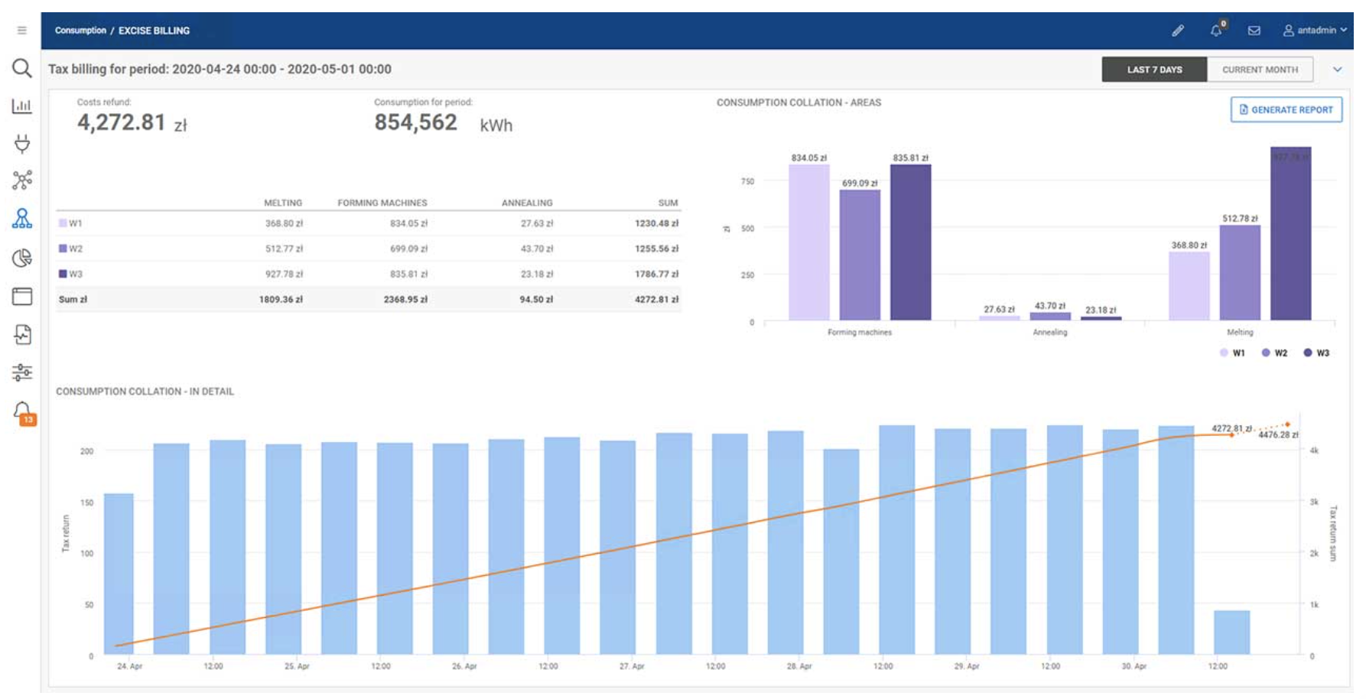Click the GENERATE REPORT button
pyautogui.click(x=1286, y=109)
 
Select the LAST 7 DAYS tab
pyautogui.click(x=1153, y=70)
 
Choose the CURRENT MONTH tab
pyautogui.click(x=1259, y=70)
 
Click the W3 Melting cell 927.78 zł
pyautogui.click(x=284, y=274)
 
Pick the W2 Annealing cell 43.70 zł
pyautogui.click(x=536, y=249)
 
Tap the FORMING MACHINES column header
pyautogui.click(x=382, y=203)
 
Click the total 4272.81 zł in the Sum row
pyautogui.click(x=655, y=299)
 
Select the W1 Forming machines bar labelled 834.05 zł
pyautogui.click(x=808, y=245)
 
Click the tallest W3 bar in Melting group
pyautogui.click(x=1290, y=237)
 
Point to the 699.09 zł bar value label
pyautogui.click(x=860, y=183)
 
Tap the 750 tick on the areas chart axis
pyautogui.click(x=747, y=181)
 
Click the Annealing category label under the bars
pyautogui.click(x=1049, y=332)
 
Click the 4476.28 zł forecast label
pyautogui.click(x=1278, y=434)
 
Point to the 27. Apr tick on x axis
pyautogui.click(x=632, y=666)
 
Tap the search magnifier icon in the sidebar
pyautogui.click(x=22, y=69)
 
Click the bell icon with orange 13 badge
pyautogui.click(x=23, y=412)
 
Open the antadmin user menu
pyautogui.click(x=1315, y=31)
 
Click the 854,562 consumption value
pyautogui.click(x=415, y=122)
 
